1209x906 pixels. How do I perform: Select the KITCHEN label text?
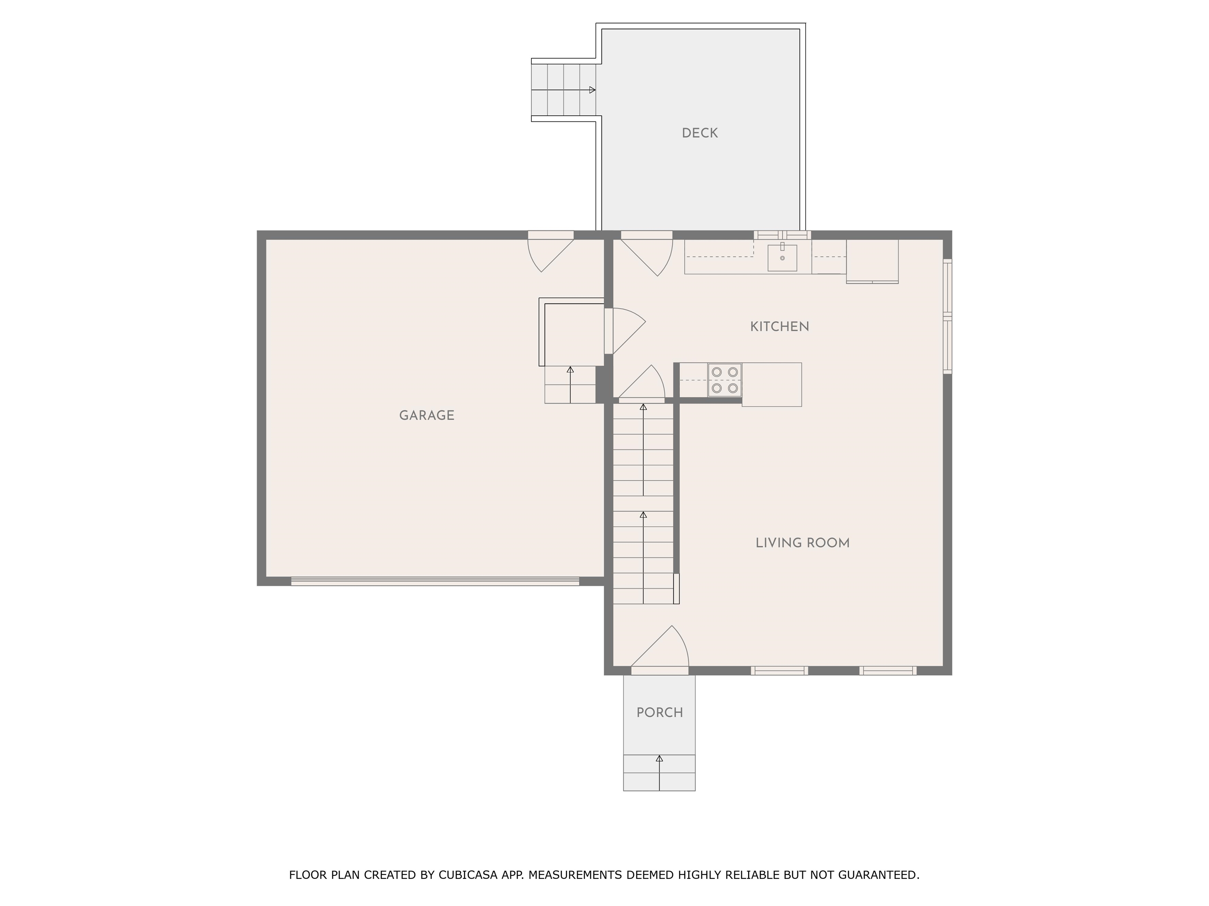tap(779, 326)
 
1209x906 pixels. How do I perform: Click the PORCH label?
tap(660, 713)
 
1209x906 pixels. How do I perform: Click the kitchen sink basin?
tap(782, 258)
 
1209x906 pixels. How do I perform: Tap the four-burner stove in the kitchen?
tap(725, 379)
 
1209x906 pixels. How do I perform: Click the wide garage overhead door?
tap(434, 581)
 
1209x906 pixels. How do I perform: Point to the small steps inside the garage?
tap(570, 385)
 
